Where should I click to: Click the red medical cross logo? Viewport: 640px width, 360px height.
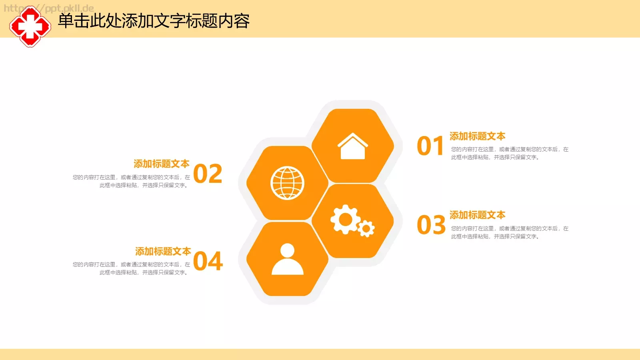[x=30, y=27]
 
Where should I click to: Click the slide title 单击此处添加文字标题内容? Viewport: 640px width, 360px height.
[x=154, y=21]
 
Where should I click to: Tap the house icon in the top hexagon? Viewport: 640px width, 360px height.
[x=352, y=146]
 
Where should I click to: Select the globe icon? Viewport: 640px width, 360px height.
[x=287, y=183]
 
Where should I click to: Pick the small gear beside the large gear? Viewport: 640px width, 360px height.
[x=366, y=228]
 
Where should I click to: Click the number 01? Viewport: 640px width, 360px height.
[x=430, y=146]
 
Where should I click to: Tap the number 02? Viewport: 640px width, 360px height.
[x=208, y=174]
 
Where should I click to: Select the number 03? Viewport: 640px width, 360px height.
[x=431, y=225]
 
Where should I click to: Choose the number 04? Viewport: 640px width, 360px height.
[x=208, y=261]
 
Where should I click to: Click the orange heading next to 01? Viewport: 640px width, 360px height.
[x=477, y=136]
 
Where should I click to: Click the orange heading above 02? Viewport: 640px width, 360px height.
[x=162, y=164]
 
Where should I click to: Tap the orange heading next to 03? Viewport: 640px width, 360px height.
[x=477, y=215]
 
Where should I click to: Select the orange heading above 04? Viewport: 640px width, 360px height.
[x=163, y=251]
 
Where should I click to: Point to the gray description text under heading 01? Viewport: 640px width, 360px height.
[x=509, y=153]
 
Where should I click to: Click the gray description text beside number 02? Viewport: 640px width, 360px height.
[x=131, y=181]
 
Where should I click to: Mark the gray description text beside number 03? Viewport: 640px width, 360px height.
[x=509, y=232]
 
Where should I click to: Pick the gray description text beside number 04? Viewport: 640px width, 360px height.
[x=131, y=268]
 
